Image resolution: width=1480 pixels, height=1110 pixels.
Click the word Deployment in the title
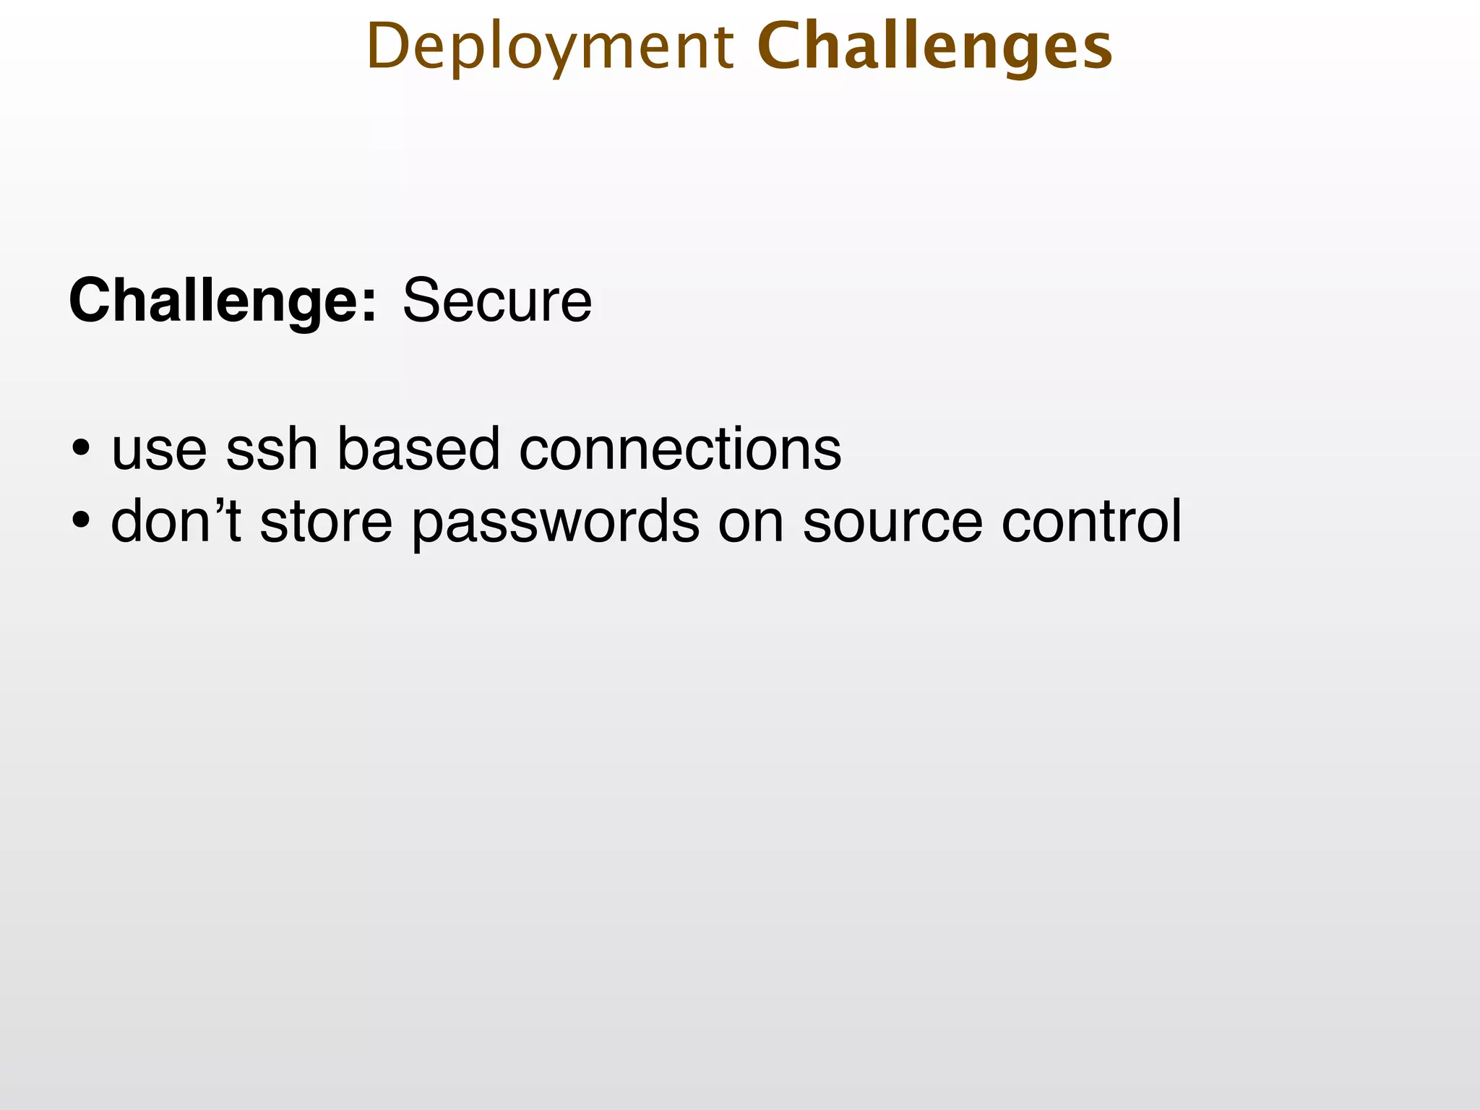549,48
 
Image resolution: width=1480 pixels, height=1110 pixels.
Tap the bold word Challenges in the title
934,48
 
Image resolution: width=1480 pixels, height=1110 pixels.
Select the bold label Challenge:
223,301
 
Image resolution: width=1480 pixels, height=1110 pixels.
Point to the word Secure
497,301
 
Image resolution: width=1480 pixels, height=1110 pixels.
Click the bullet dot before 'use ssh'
82,449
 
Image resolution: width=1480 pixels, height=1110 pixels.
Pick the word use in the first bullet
159,449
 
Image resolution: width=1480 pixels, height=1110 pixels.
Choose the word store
326,522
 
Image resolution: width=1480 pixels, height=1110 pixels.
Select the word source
892,522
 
